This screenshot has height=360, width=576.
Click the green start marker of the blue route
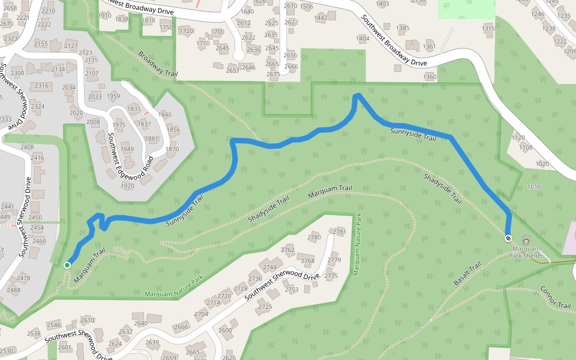pos(68,265)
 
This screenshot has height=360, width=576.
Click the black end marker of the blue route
pos(508,238)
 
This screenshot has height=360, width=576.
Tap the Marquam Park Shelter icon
pos(527,240)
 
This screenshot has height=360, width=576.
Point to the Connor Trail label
pos(555,297)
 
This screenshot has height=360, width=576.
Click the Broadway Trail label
pos(158,64)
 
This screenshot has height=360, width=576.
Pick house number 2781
pos(340,232)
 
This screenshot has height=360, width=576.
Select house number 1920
pos(127,186)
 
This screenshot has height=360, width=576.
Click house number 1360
pos(430,77)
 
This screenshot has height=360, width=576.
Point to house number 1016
pos(533,187)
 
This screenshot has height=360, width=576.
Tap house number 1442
pos(320,18)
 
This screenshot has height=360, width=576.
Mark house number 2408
pos(27,147)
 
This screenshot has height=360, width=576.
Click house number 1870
pos(172,149)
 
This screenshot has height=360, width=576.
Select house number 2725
pos(265,307)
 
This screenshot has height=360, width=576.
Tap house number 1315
pos(488,28)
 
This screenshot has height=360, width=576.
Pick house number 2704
pos(201,314)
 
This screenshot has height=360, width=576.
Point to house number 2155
pos(41,44)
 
